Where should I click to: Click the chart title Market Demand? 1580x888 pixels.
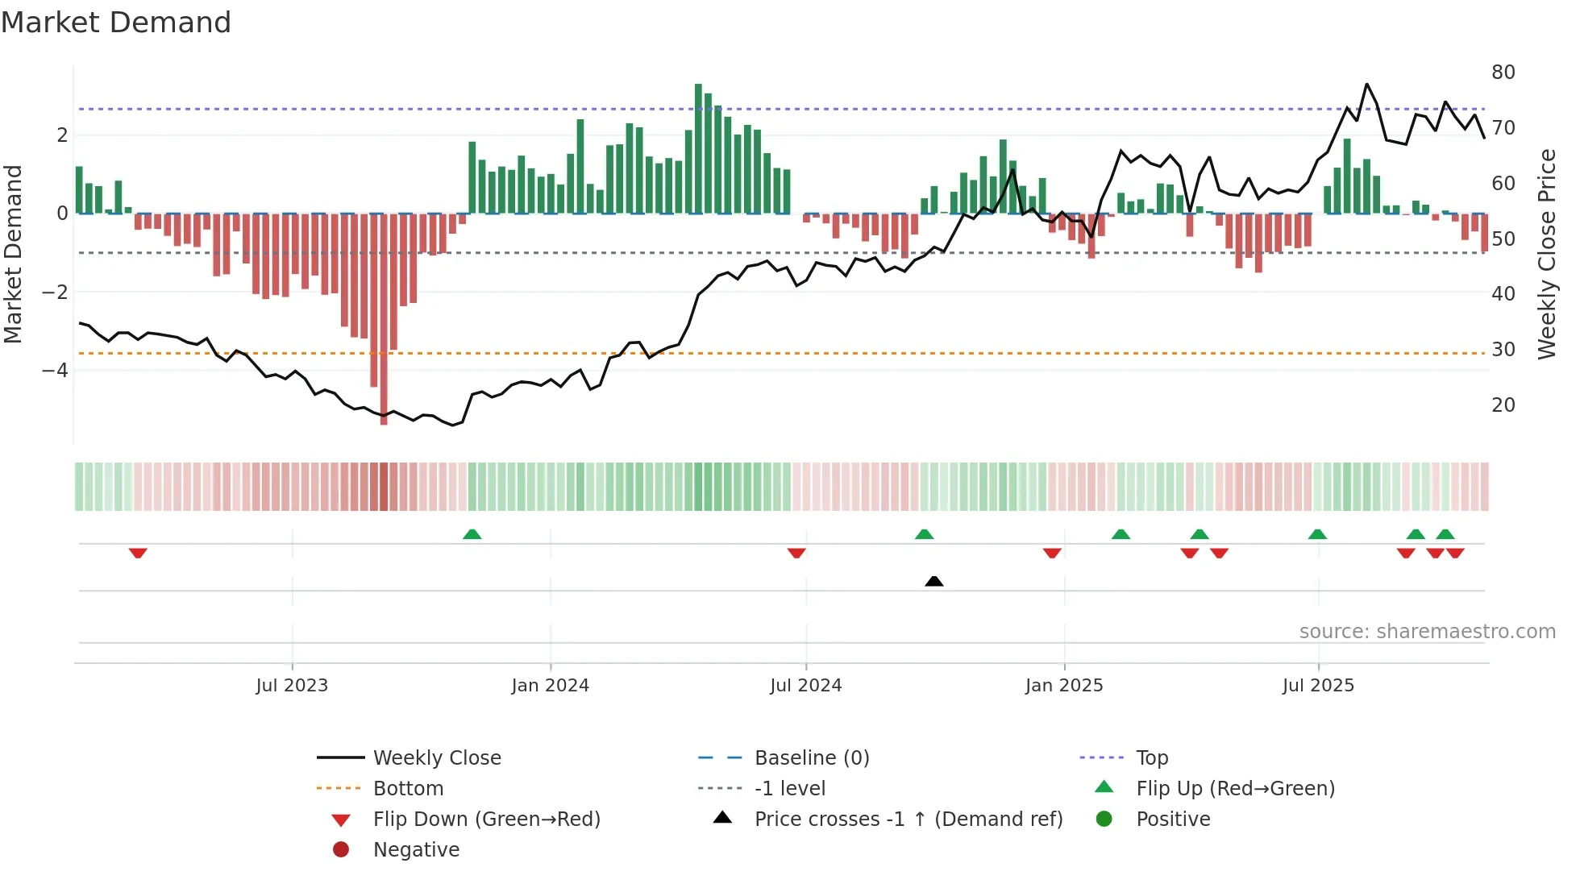click(x=116, y=23)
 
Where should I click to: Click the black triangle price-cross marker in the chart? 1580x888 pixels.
click(x=933, y=581)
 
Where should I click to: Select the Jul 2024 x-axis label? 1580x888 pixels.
click(x=805, y=686)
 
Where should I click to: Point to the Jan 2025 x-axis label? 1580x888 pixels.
click(x=1063, y=686)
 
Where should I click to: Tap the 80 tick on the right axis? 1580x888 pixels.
click(x=1503, y=73)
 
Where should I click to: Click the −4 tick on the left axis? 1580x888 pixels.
click(x=55, y=371)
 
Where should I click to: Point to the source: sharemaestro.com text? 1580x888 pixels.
click(x=1427, y=632)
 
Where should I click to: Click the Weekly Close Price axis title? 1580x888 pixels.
click(x=1546, y=254)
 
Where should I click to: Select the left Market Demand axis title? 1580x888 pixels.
click(x=13, y=254)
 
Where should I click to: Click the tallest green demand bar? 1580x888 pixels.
click(x=698, y=148)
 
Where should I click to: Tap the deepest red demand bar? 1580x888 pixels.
click(x=384, y=318)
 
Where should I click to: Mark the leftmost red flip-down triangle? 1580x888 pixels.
click(x=138, y=553)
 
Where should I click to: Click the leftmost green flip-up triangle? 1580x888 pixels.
click(x=472, y=534)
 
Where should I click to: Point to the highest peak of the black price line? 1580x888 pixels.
click(x=1366, y=85)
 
